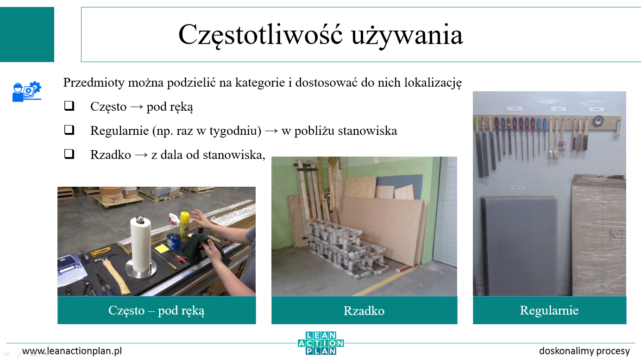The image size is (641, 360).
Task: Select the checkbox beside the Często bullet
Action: point(69,106)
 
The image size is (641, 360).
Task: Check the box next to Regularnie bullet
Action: point(69,130)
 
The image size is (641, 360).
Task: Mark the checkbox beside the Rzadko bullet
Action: point(69,154)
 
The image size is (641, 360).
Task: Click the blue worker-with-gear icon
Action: point(26,91)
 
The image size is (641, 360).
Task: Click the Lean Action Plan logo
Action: point(321,343)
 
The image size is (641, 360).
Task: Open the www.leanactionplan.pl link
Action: point(72,351)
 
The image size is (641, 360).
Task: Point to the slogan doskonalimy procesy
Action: point(584,351)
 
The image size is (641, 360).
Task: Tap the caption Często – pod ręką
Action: point(157,310)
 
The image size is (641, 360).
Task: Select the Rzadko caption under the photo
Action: point(364,311)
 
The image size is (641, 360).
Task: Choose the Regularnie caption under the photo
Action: point(549,310)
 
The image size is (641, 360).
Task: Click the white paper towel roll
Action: point(140,245)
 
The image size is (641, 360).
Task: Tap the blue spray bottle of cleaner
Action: point(173,233)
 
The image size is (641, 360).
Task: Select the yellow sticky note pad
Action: point(162,248)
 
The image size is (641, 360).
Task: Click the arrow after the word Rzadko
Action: point(141,155)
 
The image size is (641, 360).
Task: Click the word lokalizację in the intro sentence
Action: point(433,83)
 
